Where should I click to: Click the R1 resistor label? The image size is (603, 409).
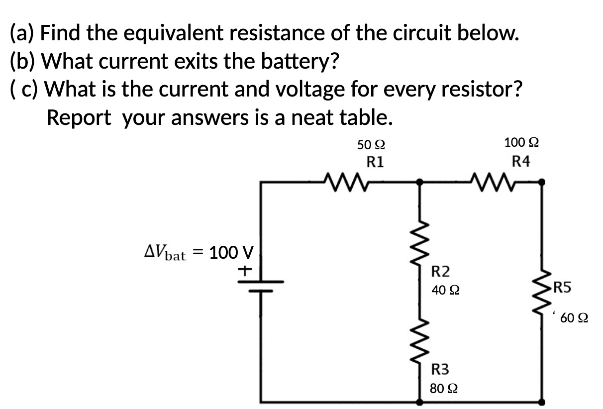click(x=375, y=162)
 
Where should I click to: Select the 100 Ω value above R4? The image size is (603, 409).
click(x=521, y=143)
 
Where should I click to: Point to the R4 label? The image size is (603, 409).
click(x=521, y=161)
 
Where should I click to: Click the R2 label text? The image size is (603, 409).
click(x=440, y=272)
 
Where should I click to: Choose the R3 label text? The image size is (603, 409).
click(x=440, y=370)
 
